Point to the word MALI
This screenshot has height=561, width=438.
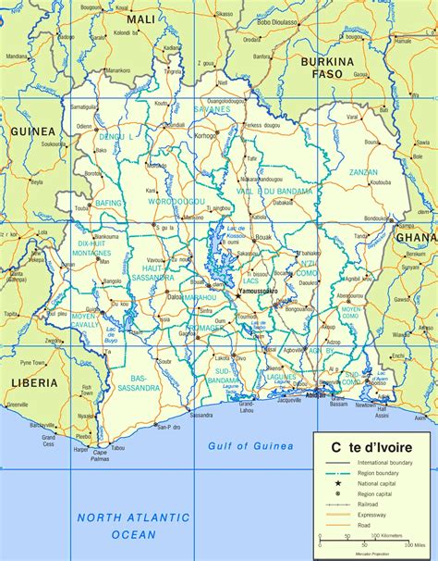[x=141, y=19]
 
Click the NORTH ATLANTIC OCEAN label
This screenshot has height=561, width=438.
[x=133, y=526]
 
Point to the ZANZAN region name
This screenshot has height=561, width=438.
[x=363, y=172]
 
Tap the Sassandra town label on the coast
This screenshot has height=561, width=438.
[x=201, y=416]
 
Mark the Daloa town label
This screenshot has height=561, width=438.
[x=174, y=297]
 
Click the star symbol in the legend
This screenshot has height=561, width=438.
[x=338, y=482]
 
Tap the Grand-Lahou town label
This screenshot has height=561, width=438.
[x=246, y=407]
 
